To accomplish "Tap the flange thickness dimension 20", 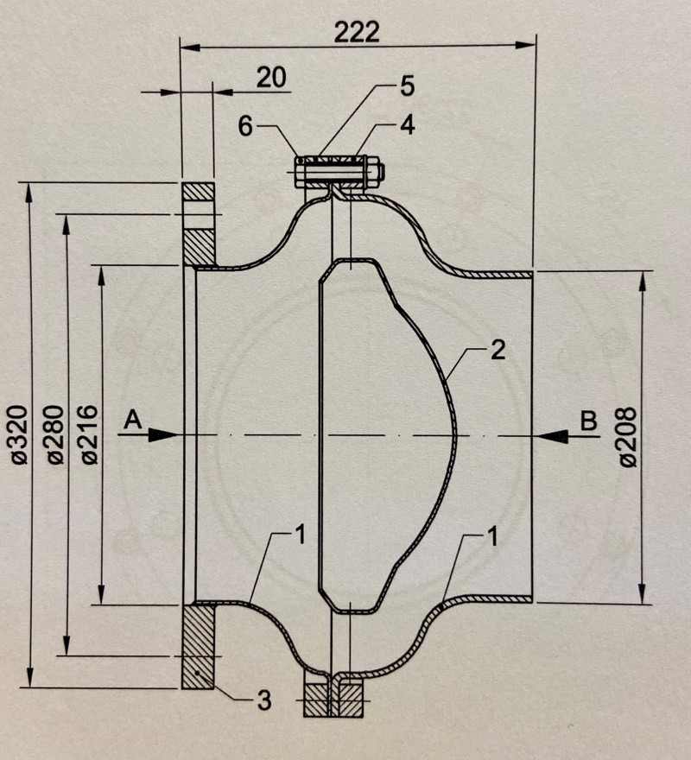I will (271, 78).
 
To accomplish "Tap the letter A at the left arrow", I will (132, 420).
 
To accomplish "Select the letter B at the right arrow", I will (587, 421).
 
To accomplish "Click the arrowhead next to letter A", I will (164, 436).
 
